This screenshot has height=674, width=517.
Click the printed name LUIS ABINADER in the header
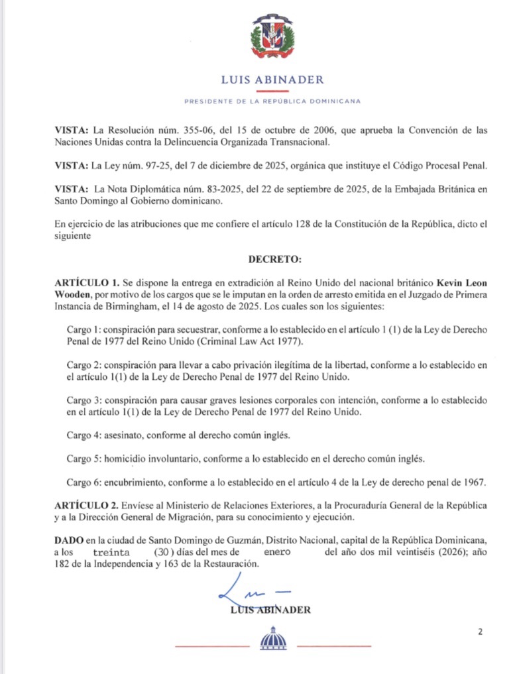coord(272,80)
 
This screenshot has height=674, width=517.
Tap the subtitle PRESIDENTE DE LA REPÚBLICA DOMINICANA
coord(272,101)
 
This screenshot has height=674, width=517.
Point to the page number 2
coord(480,632)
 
